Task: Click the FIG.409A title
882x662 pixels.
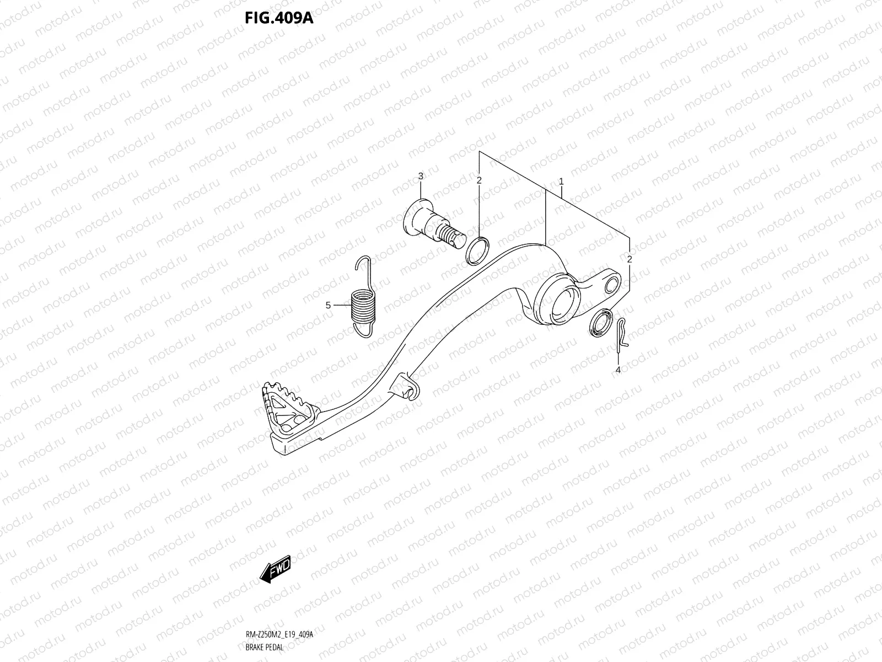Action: (x=278, y=19)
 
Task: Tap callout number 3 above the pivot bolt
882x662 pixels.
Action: (x=421, y=177)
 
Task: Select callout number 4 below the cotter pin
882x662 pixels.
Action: (x=618, y=370)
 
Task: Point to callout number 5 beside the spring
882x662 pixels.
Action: (x=328, y=305)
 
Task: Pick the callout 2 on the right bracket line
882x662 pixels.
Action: (x=630, y=259)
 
